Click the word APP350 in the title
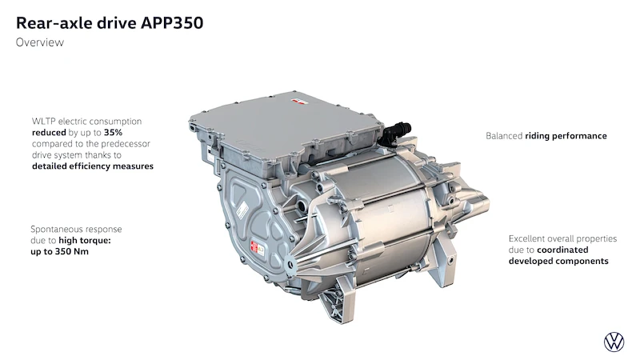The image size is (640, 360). [172, 23]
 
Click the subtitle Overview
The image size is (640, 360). [40, 42]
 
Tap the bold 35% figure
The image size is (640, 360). [113, 133]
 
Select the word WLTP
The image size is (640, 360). [44, 122]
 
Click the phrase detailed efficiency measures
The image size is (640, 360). [93, 166]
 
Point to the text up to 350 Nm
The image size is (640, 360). [59, 251]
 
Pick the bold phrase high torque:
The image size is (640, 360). [85, 241]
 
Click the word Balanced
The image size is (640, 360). [504, 136]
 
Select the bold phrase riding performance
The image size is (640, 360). [566, 136]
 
